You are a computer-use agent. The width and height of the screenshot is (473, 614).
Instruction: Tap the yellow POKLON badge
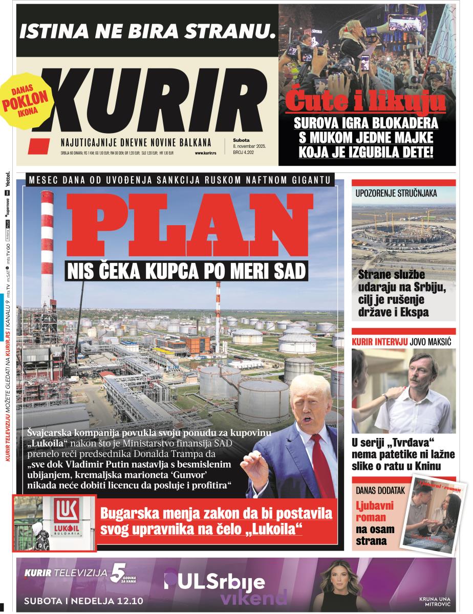[26, 99]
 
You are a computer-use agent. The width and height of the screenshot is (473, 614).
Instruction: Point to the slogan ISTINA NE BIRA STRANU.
[144, 32]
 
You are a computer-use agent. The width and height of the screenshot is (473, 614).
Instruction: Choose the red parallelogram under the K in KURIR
[39, 146]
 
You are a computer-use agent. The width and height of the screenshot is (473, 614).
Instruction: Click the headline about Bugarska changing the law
[216, 520]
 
